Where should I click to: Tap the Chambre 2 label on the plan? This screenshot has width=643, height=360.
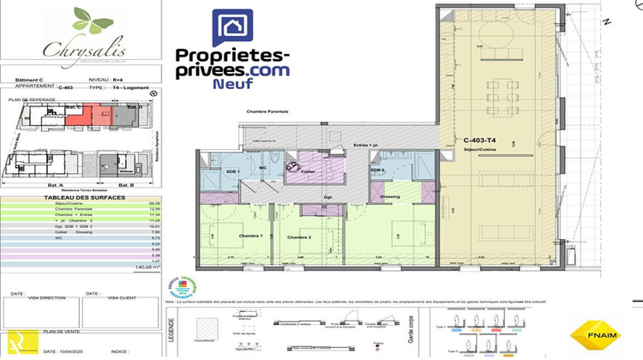tap(298, 237)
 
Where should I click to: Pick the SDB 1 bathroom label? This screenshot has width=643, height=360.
tap(219, 171)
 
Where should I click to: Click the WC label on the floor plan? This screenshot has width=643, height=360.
tap(264, 169)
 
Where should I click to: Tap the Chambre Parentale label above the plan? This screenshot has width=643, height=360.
tap(267, 111)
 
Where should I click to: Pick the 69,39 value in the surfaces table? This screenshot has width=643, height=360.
tap(153, 204)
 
